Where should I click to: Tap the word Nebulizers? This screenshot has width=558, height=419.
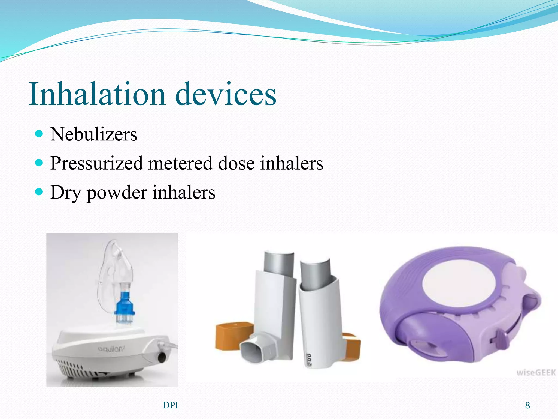click(x=94, y=134)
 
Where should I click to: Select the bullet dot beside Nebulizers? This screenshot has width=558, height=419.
click(x=39, y=134)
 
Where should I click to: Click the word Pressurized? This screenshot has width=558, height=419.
click(x=96, y=164)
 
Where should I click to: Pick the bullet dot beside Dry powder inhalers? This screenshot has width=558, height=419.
click(x=39, y=192)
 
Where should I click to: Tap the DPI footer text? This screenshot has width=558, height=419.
click(x=170, y=405)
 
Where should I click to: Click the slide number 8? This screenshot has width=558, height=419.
click(x=527, y=405)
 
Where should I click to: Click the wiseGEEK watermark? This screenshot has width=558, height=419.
click(x=536, y=373)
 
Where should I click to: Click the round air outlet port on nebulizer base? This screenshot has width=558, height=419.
click(x=162, y=357)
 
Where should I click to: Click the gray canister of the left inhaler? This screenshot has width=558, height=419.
click(x=278, y=263)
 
